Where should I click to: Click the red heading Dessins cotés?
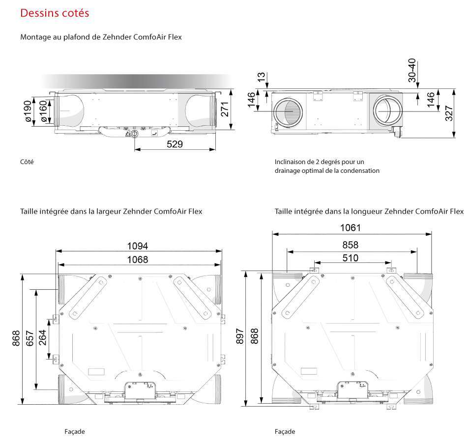pos(55,13)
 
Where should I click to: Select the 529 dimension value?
pos(175,144)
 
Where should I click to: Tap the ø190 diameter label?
pos(28,112)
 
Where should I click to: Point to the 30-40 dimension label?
pos(412,70)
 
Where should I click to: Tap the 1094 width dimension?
pos(138,246)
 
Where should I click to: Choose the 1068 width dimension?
pos(138,259)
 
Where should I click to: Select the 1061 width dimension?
pos(351,227)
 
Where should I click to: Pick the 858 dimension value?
pos(350,245)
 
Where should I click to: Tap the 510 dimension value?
pos(350,258)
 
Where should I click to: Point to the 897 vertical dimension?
pos(240,338)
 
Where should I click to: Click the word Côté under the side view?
pos(27,162)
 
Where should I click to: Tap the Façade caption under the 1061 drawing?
pos(285,431)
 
